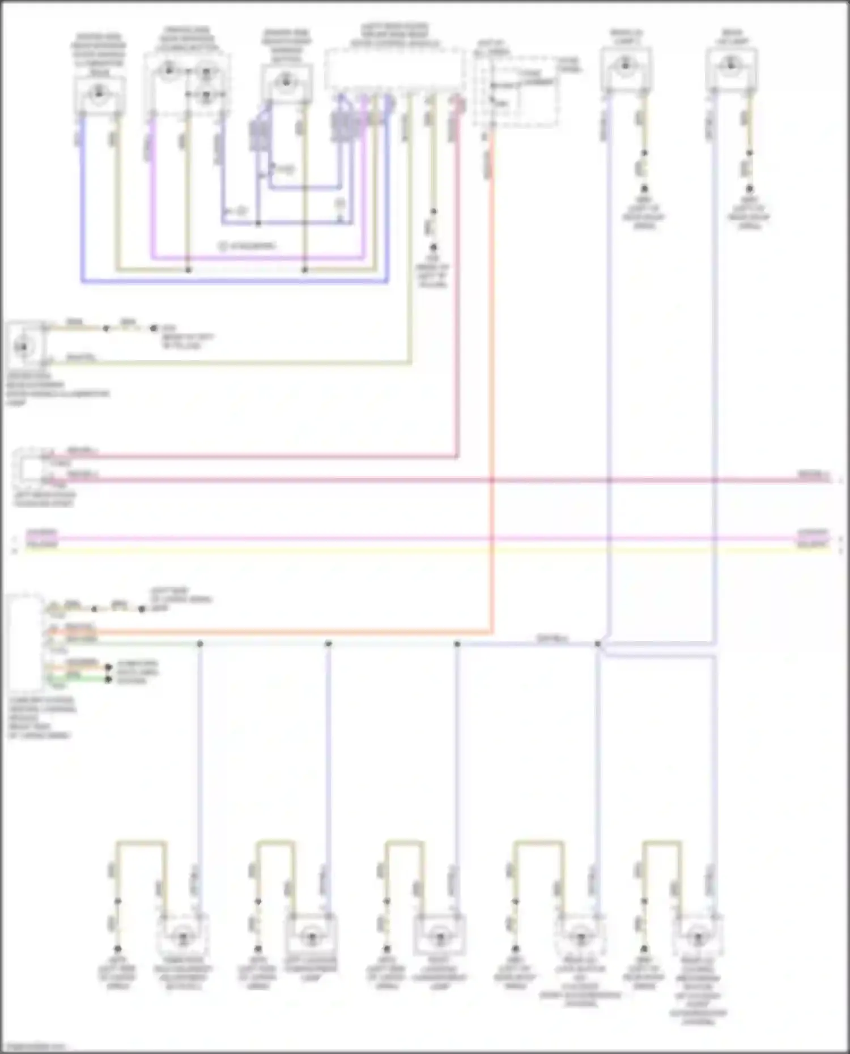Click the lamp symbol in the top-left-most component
click(99, 92)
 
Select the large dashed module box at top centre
click(394, 69)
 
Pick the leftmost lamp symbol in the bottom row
click(182, 938)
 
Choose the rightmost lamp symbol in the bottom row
click(697, 938)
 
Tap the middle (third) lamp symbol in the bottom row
click(439, 937)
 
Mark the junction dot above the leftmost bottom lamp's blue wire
click(199, 644)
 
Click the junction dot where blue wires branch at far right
click(598, 644)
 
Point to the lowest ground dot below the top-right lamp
click(749, 189)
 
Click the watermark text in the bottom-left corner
click(34, 1047)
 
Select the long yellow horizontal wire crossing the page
click(425, 549)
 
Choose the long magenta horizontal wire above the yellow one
click(425, 538)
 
